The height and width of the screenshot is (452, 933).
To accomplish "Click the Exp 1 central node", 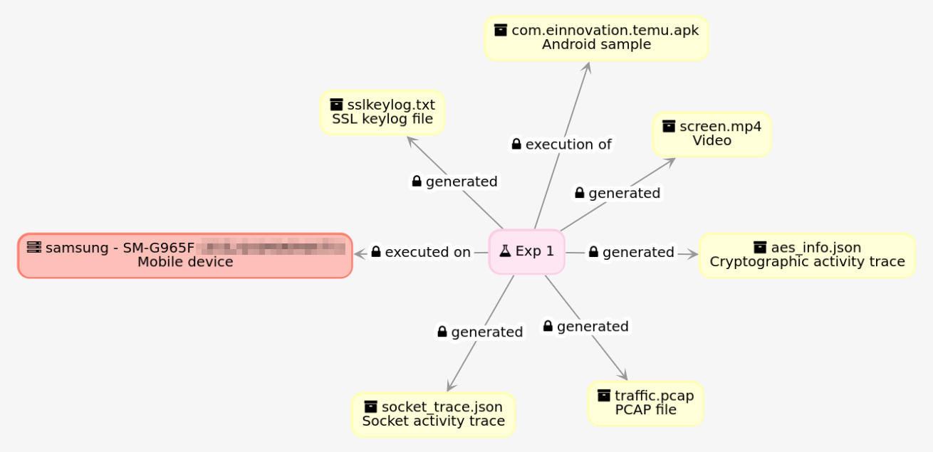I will tap(526, 251).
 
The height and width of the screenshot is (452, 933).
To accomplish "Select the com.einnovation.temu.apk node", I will tap(595, 38).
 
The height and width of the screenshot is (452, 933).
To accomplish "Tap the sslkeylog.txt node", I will tap(382, 112).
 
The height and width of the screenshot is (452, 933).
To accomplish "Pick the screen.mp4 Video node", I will tap(711, 134).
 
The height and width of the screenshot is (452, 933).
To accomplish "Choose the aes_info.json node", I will tap(806, 255).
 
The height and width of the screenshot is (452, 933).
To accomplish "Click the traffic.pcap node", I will tap(645, 403).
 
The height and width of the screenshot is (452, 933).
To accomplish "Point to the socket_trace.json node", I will tap(433, 414).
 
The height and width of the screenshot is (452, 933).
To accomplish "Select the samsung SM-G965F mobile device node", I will tap(185, 255).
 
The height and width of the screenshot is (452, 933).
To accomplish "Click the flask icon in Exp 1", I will tap(505, 251).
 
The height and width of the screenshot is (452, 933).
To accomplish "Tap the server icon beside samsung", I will tap(33, 248).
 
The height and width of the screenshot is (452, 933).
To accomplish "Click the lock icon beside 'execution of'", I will tap(516, 144).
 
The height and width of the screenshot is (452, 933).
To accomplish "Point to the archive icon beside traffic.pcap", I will tap(604, 395).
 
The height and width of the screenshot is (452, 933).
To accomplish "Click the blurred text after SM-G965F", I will tap(271, 248).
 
